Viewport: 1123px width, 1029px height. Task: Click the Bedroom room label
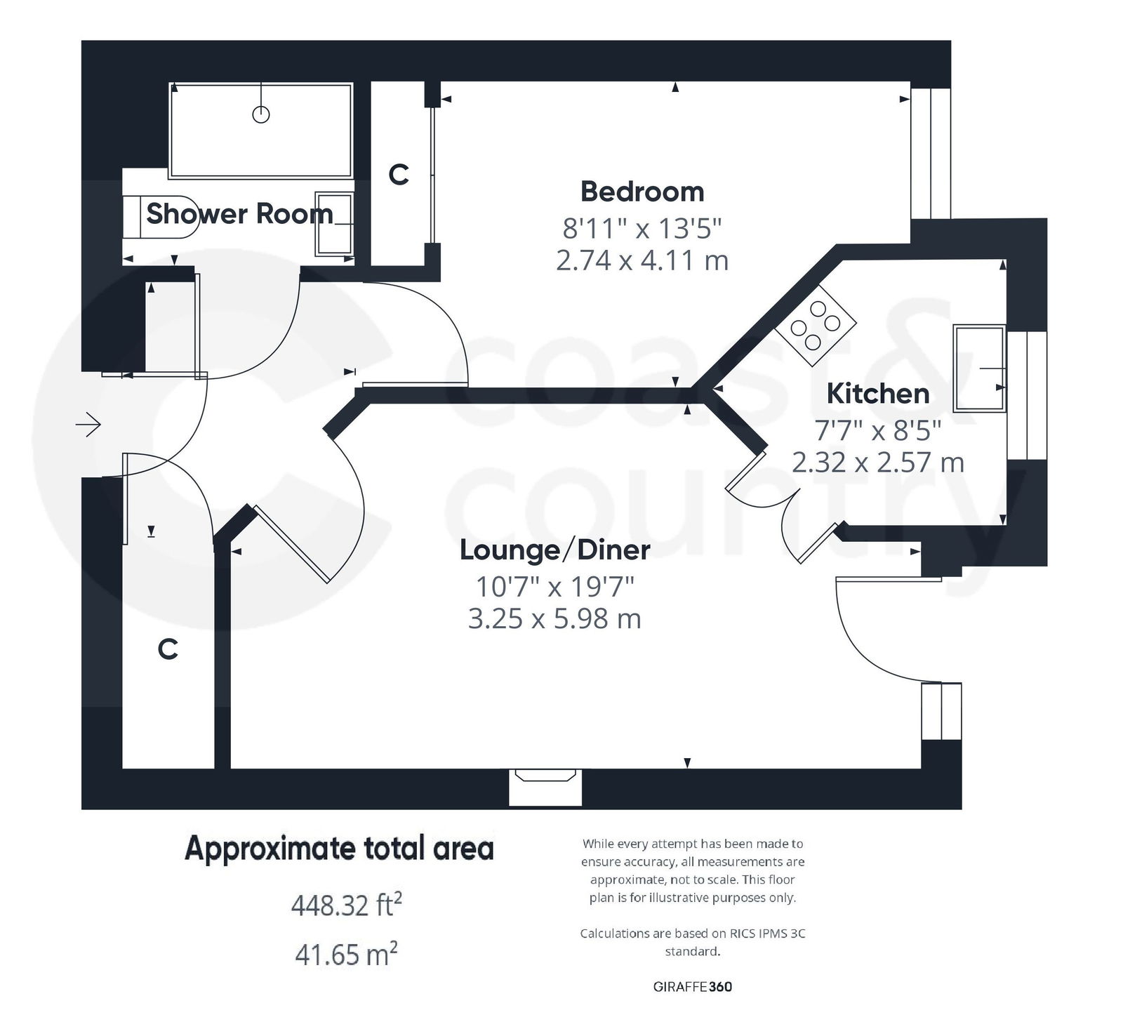point(642,192)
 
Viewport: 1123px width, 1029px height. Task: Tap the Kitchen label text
point(877,394)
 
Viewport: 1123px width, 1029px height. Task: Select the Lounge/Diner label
point(554,550)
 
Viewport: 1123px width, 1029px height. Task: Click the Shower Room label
point(239,213)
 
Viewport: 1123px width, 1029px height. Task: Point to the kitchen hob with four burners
point(816,326)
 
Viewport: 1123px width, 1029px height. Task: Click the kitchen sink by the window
point(978,368)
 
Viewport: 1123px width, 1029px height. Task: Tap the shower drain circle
point(260,114)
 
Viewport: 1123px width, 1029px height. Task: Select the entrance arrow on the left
point(88,425)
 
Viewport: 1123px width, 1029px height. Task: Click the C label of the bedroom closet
point(399,174)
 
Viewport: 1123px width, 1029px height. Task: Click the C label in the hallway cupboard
point(168,649)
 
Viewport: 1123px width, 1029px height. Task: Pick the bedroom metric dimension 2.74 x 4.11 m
point(642,261)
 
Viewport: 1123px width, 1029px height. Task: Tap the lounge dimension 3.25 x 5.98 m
point(554,619)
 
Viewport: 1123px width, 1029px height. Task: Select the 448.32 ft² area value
point(346,905)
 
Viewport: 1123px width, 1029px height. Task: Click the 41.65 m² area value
point(346,955)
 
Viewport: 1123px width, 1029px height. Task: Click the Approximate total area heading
point(339,849)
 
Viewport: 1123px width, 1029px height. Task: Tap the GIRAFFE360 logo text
point(692,986)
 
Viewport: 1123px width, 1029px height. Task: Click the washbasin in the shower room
point(334,223)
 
